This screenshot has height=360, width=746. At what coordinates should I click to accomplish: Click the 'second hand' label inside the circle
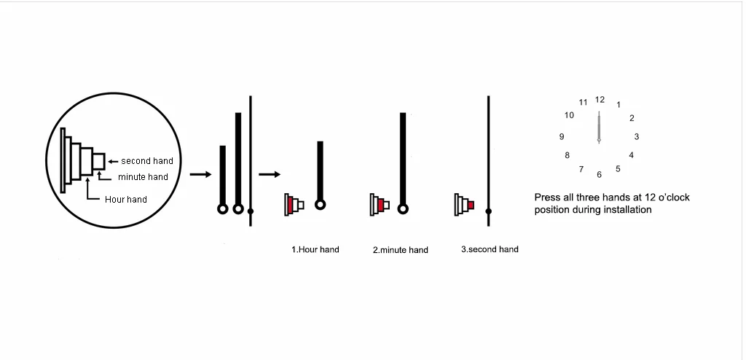tap(147, 160)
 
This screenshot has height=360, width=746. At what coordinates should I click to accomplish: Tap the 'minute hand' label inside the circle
tap(143, 177)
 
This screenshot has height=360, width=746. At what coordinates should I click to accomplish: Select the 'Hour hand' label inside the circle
tap(126, 199)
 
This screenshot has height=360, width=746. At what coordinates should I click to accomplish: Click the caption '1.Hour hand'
tap(315, 250)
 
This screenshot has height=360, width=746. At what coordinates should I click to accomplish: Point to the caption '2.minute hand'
tap(401, 250)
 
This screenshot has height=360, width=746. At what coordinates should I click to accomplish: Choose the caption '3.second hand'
tap(490, 249)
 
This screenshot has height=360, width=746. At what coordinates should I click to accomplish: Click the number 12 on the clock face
tap(600, 99)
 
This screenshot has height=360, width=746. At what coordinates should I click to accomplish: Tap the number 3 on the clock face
tap(637, 136)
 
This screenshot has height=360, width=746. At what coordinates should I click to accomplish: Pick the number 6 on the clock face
tap(599, 174)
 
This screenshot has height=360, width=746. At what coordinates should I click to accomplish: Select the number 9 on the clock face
tap(562, 136)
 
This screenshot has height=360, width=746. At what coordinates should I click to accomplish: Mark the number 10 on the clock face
tap(569, 115)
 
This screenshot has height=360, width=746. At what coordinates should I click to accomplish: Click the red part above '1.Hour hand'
tap(291, 206)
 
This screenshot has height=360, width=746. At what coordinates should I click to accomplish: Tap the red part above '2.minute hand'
tap(380, 206)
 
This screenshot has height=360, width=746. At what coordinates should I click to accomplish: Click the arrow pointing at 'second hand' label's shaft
tap(114, 161)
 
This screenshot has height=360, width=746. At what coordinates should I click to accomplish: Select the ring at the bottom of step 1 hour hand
tap(320, 205)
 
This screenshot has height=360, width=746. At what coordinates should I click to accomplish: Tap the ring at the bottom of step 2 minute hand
tap(402, 206)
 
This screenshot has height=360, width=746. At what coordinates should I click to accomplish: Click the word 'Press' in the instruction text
tap(547, 197)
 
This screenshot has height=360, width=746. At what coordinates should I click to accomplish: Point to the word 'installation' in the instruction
tap(629, 210)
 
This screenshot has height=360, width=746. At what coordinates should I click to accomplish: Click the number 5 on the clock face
tap(618, 169)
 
